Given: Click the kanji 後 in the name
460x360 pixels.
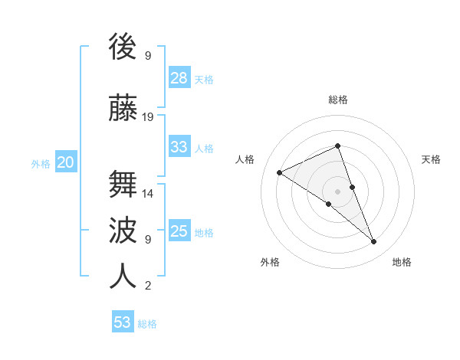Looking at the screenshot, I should click(123, 47).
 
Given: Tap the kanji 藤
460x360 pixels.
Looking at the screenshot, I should click(123, 107).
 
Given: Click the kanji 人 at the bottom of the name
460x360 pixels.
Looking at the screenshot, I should click(123, 276).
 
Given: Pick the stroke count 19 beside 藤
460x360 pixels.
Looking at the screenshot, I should click(148, 117).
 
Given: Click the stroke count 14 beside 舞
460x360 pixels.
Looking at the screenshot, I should click(148, 194).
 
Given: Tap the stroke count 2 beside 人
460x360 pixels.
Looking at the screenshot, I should click(148, 286).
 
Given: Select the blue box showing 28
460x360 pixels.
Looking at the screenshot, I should click(179, 77).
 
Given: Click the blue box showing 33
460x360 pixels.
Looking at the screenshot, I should click(179, 146).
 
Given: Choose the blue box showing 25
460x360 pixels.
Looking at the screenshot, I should click(179, 231).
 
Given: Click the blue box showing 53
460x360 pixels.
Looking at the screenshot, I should click(123, 322).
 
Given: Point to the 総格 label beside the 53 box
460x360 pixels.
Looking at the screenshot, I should click(147, 324).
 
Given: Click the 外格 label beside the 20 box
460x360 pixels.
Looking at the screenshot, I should click(41, 164).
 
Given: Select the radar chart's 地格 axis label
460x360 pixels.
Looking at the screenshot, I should click(402, 262).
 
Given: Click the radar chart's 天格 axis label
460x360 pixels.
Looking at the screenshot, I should click(431, 159).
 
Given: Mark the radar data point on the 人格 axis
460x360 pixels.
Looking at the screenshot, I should click(280, 173).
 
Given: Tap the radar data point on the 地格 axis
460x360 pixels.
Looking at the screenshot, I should click(374, 242).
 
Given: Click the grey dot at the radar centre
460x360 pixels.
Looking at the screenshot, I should click(337, 191).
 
